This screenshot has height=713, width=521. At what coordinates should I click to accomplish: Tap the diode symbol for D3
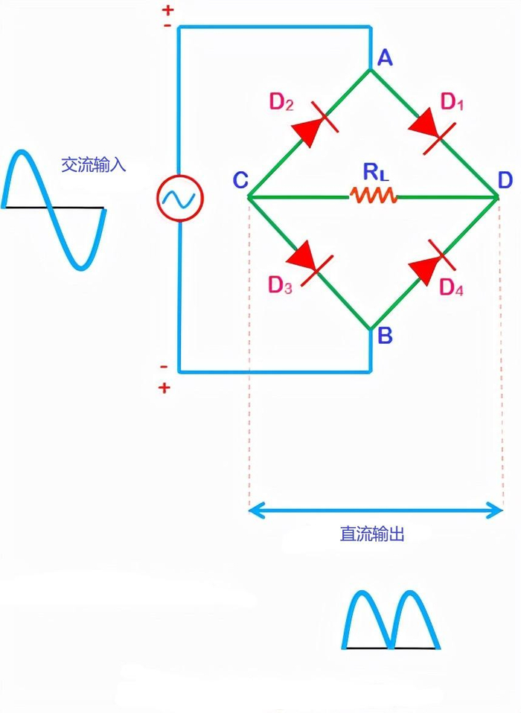(x=310, y=263)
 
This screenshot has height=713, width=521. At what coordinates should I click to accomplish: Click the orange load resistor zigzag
(x=373, y=196)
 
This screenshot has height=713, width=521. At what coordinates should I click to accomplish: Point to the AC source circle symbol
(x=180, y=198)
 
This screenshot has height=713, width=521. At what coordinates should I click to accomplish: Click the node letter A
(x=385, y=58)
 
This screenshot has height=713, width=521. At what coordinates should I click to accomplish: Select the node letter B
(x=385, y=336)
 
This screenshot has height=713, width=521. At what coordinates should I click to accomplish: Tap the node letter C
(x=240, y=180)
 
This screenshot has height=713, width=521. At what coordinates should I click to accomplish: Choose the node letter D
(x=505, y=181)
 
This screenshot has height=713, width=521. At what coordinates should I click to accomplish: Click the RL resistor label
(x=376, y=172)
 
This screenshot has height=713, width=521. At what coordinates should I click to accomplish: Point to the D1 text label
(x=452, y=102)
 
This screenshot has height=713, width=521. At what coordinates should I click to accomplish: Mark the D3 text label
(x=280, y=285)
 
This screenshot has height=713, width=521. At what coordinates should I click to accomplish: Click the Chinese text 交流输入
(x=93, y=164)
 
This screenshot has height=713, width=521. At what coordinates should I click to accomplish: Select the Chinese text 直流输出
(x=372, y=534)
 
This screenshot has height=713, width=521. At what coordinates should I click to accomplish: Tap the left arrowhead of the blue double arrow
(x=255, y=511)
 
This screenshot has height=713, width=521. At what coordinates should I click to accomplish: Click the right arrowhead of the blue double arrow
(x=495, y=511)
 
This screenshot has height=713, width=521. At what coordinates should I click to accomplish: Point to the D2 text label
(x=281, y=102)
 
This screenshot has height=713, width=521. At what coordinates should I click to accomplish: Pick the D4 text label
(x=452, y=287)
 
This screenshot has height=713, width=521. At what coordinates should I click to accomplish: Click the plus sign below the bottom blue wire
(x=164, y=388)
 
